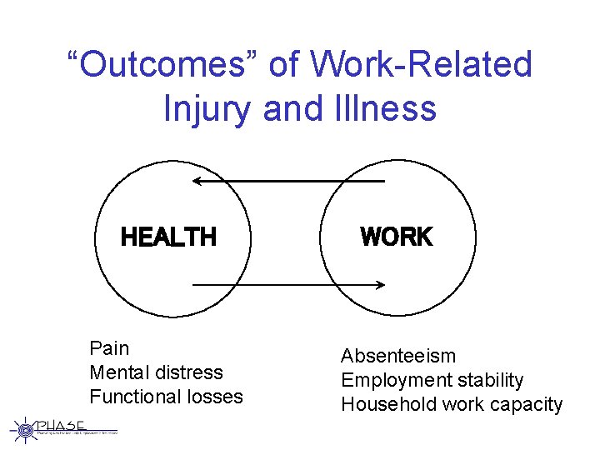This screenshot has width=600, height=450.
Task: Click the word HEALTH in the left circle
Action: point(168,237)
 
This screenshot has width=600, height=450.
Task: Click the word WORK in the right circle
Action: point(396,237)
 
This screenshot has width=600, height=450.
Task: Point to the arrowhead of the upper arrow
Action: point(195,180)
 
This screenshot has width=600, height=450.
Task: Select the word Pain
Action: point(109,348)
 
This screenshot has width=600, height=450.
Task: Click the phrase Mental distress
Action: point(156,372)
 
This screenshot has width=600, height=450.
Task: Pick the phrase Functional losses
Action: point(166,397)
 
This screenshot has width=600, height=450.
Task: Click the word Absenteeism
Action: point(397,357)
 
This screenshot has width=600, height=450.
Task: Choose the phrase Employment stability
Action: point(432,381)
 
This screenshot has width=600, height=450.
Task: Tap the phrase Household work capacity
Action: point(452,405)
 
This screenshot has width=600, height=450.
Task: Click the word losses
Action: point(213,397)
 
